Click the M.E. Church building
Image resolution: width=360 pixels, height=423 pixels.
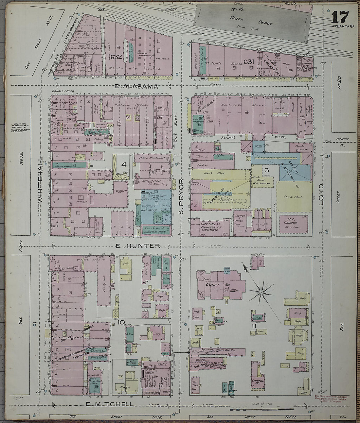pos(294,225)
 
